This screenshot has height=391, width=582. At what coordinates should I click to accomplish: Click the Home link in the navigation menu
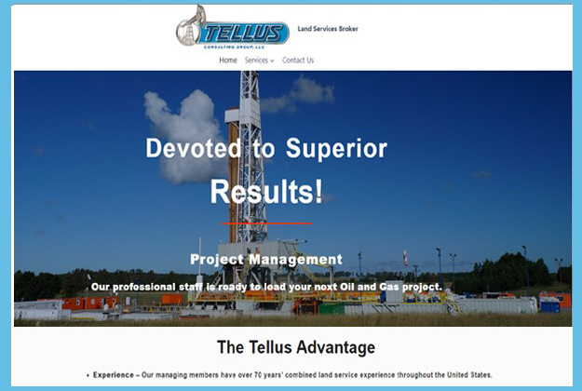228,61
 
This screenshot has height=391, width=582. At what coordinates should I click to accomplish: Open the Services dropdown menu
259,61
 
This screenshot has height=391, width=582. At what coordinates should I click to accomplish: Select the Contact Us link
298,61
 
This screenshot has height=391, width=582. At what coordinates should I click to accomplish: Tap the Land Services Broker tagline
328,29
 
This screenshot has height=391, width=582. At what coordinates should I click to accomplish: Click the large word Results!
266,191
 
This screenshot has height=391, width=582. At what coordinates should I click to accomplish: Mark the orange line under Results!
266,224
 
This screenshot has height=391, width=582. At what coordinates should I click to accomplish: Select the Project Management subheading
266,260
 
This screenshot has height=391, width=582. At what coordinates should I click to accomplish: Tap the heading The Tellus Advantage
296,347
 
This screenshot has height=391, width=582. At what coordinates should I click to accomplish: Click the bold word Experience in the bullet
114,375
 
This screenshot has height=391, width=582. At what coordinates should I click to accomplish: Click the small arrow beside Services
272,61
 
